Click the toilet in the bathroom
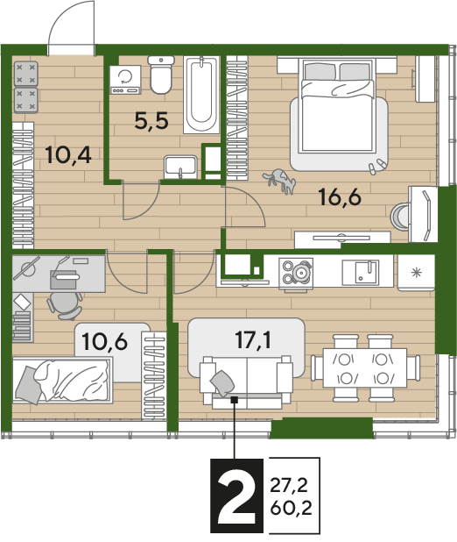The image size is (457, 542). click(x=161, y=75)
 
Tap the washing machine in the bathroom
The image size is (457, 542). click(x=125, y=80)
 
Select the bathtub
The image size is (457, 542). click(x=201, y=95)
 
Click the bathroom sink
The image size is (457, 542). click(x=180, y=168)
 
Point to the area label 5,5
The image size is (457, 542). click(x=151, y=121)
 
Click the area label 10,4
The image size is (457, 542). click(x=68, y=154)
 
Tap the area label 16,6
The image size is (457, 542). click(x=340, y=197)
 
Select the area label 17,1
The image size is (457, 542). click(x=253, y=339)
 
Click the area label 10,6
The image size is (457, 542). click(x=104, y=341)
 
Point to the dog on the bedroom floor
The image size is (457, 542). click(x=280, y=181)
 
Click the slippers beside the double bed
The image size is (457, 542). click(x=376, y=166)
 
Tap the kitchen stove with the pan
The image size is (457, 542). click(x=296, y=273)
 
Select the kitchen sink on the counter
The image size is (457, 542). click(x=361, y=273)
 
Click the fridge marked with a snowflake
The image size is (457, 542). click(x=416, y=273)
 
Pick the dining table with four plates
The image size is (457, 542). click(x=364, y=367)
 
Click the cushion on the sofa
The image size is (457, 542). click(x=222, y=382)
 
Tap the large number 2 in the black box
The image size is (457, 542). click(x=236, y=496)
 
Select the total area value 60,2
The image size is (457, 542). click(x=291, y=508)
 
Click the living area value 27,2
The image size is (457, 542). click(x=289, y=486)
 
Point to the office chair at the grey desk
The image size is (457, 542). click(x=65, y=305)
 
